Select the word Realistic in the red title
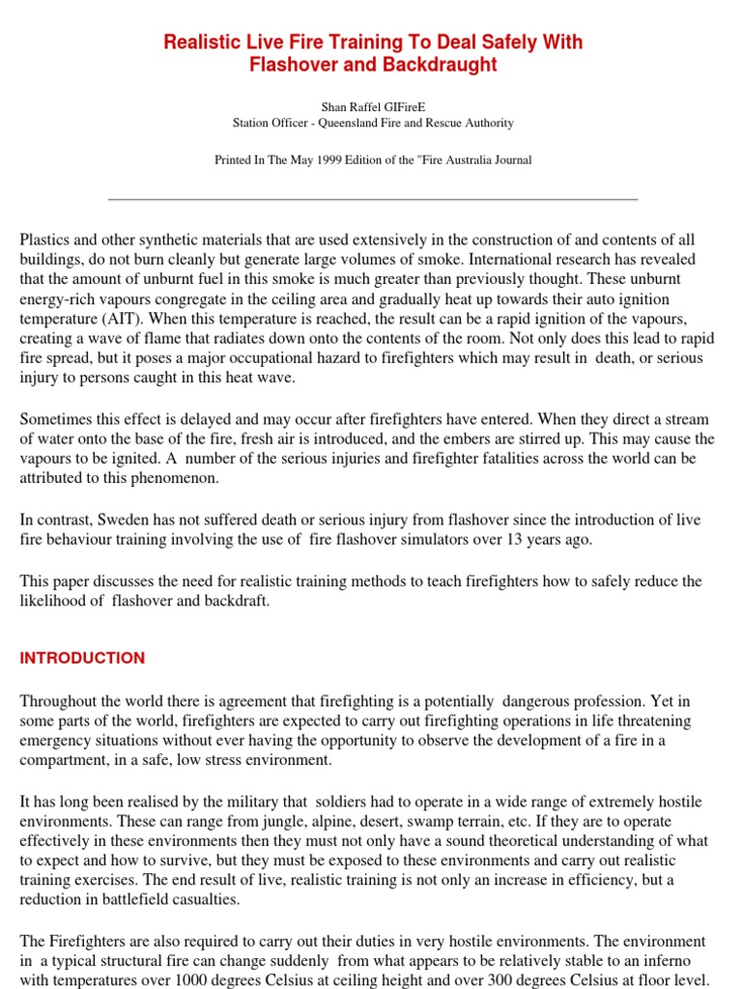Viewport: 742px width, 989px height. (200, 42)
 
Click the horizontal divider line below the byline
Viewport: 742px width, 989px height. (373, 199)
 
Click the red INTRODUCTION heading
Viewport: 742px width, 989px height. (82, 658)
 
